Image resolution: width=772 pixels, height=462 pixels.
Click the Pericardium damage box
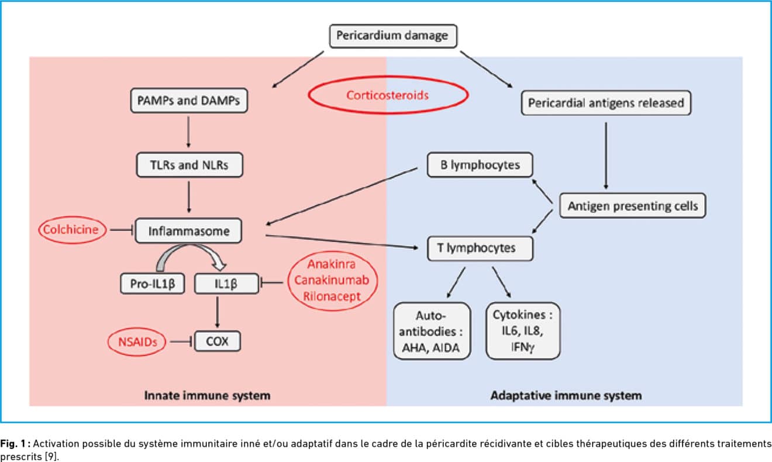(393, 36)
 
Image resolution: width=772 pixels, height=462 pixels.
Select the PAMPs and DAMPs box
(189, 101)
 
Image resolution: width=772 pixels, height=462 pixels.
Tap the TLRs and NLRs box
(189, 165)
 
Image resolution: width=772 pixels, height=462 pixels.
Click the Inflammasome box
(188, 231)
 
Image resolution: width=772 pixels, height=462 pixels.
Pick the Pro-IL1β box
(152, 284)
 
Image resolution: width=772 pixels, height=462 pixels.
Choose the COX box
(217, 342)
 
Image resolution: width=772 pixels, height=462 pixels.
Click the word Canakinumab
(332, 280)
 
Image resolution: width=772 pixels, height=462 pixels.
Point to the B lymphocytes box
(480, 165)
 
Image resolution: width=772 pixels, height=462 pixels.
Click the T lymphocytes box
(480, 249)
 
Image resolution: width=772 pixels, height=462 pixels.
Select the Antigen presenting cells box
(632, 206)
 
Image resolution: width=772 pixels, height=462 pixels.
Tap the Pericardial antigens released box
(606, 103)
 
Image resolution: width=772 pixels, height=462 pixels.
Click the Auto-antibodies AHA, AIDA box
(432, 331)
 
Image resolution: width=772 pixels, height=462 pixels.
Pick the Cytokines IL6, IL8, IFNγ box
(523, 331)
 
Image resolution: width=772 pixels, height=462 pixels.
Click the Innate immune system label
(207, 395)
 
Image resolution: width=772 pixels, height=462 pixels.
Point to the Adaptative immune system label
(566, 395)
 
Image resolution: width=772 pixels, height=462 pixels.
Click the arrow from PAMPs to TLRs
(188, 132)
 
